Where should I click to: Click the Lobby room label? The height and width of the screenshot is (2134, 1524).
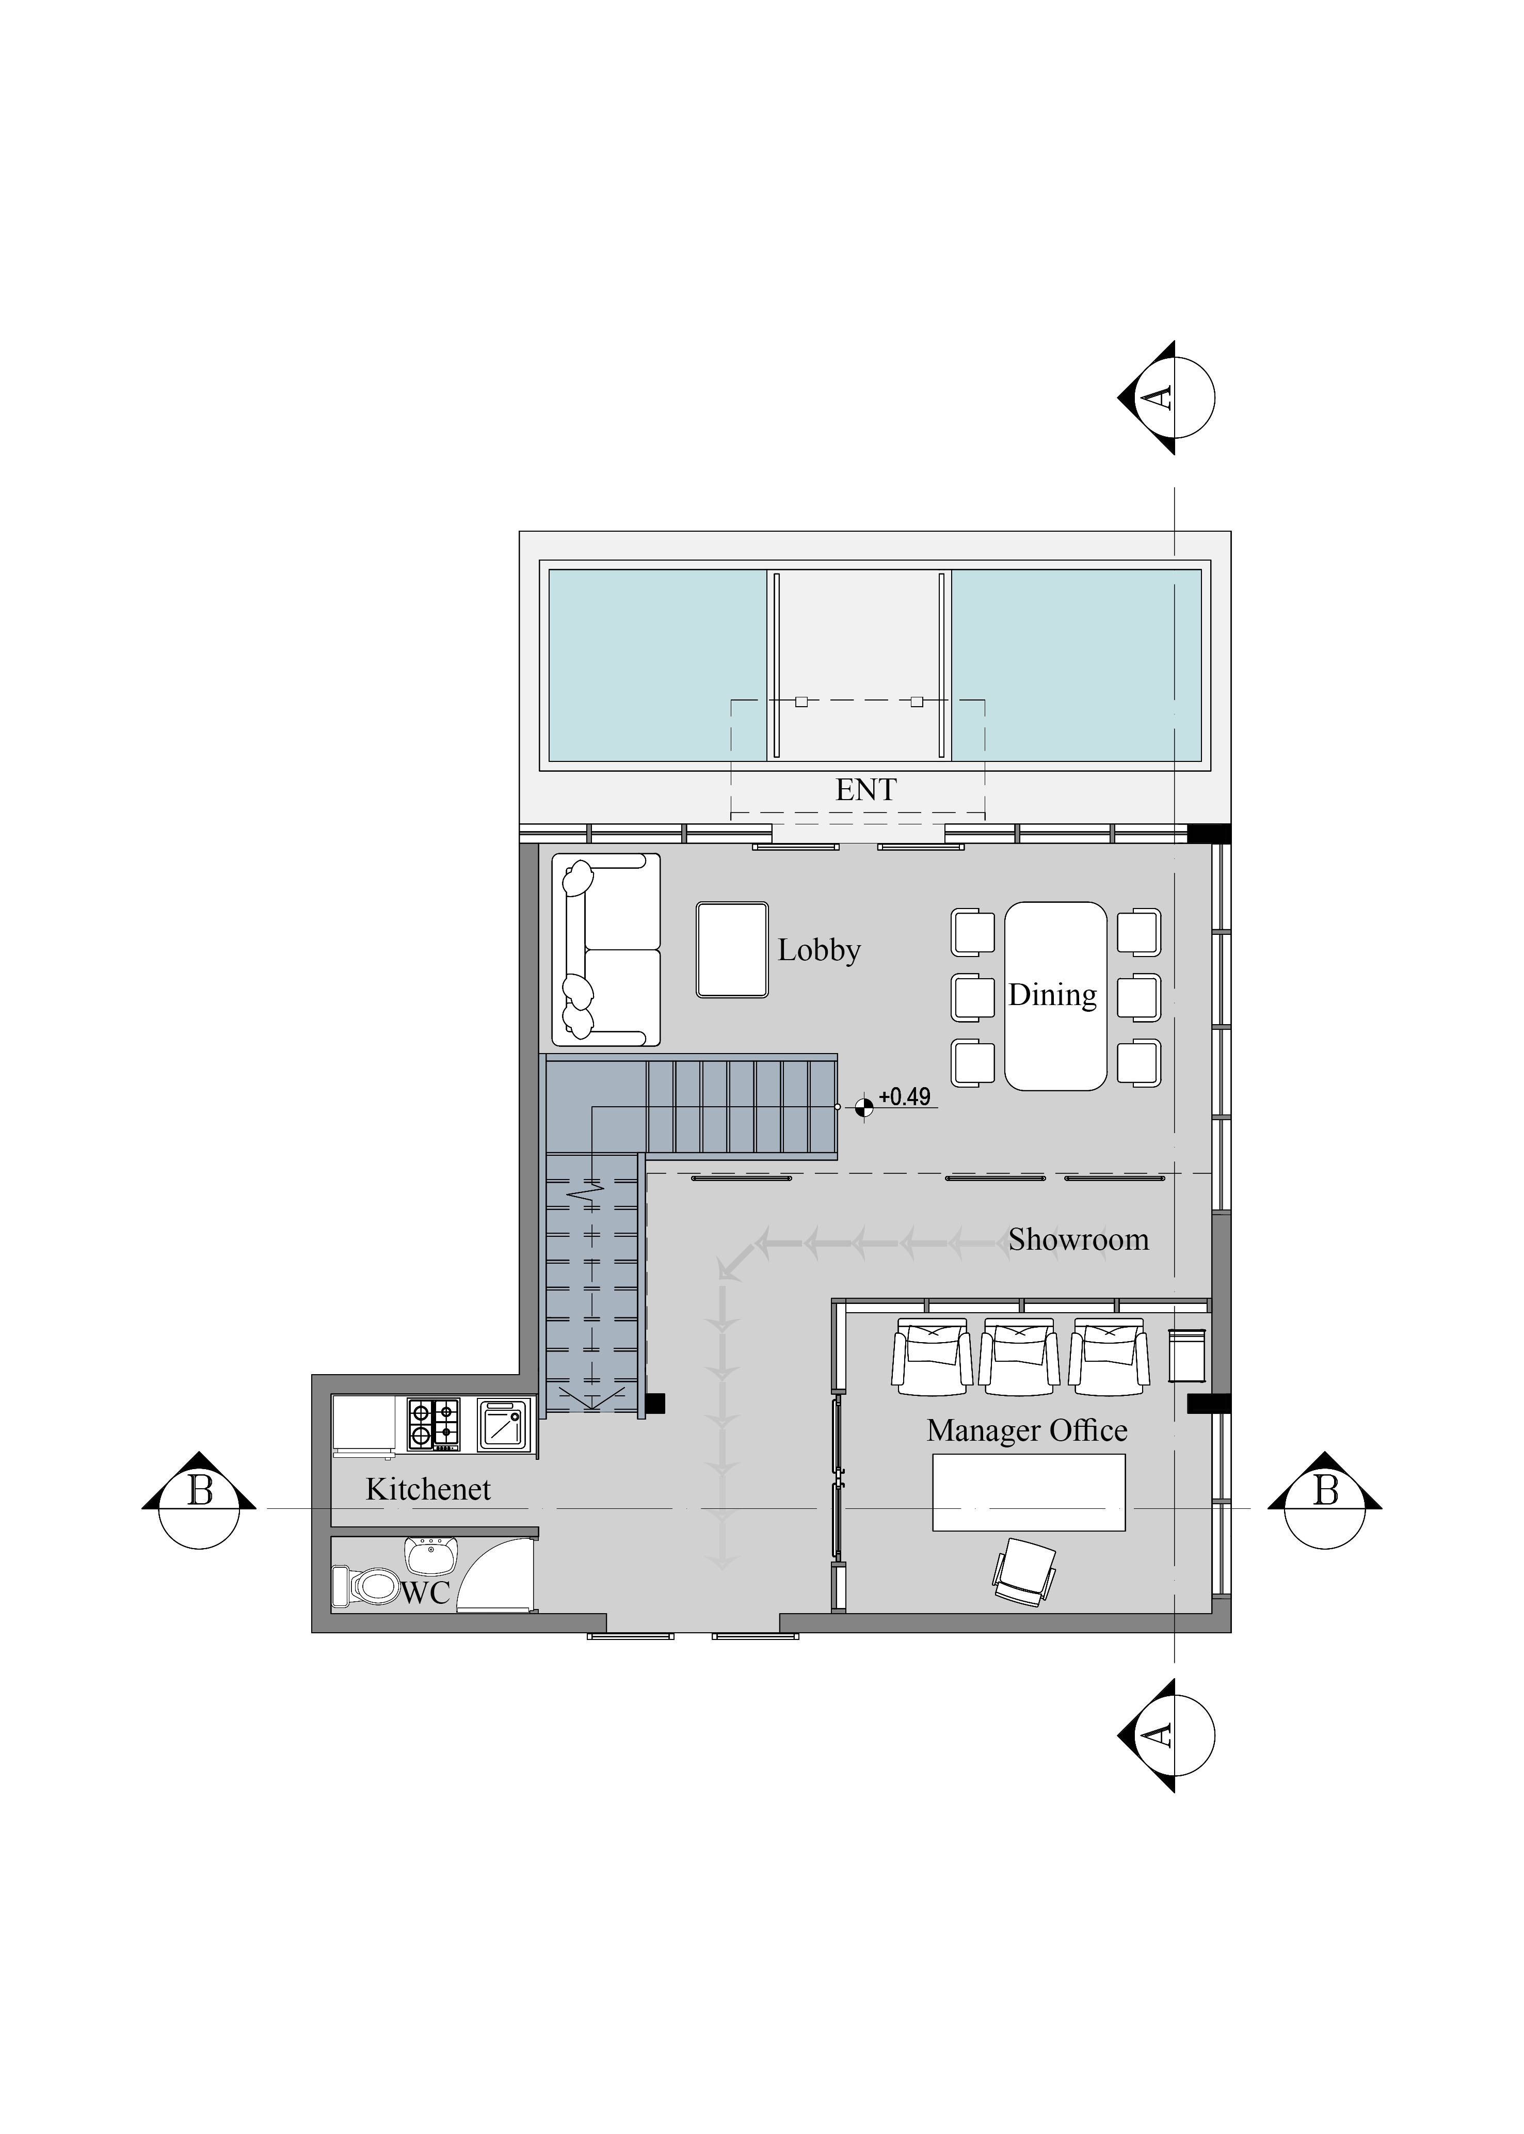click(819, 951)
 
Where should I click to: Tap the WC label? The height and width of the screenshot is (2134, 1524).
click(426, 1592)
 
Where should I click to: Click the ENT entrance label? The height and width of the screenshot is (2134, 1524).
click(865, 790)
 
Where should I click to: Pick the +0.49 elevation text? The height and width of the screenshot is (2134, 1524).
click(905, 1097)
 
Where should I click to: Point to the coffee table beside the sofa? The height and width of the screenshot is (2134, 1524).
click(732, 950)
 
